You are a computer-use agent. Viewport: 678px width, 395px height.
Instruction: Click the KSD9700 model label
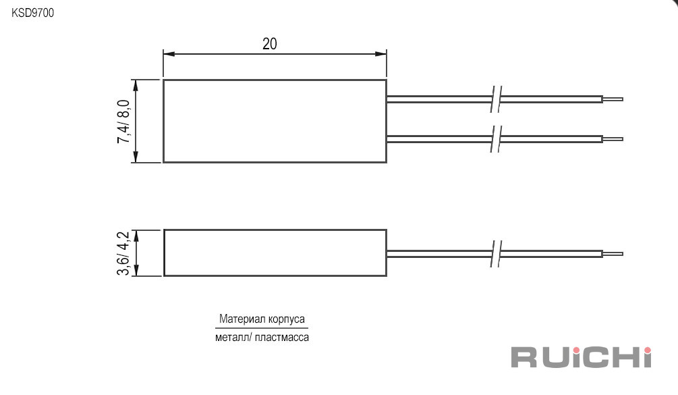[33, 13]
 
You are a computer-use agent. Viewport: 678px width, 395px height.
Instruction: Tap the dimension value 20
[270, 44]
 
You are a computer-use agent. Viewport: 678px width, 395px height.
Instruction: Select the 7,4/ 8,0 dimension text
[123, 121]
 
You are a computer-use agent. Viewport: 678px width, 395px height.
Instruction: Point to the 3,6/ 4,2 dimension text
[123, 253]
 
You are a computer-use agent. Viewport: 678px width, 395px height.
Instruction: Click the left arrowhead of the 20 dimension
[169, 54]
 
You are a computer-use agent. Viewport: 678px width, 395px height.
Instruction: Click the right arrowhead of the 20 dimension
[381, 54]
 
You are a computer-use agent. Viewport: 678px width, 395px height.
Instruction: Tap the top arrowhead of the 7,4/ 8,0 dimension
[136, 85]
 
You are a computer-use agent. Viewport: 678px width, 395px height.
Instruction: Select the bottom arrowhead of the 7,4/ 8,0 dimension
[136, 157]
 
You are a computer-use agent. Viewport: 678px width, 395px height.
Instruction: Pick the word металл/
[233, 337]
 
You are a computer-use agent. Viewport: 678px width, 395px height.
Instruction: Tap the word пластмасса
[282, 338]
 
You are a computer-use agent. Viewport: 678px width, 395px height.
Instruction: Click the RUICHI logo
[581, 357]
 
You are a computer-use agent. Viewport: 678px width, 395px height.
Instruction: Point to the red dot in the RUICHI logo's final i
[647, 350]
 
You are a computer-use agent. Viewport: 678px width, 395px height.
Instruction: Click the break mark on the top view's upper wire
[496, 99]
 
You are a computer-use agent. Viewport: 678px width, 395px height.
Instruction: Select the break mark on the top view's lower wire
[496, 139]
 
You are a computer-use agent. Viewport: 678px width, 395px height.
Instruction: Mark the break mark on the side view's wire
[496, 253]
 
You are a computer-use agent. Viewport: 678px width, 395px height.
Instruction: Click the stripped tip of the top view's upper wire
[613, 99]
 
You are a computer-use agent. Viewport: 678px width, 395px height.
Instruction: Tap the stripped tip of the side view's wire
[613, 253]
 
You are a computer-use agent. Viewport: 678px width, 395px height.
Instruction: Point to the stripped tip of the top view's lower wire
[613, 139]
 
